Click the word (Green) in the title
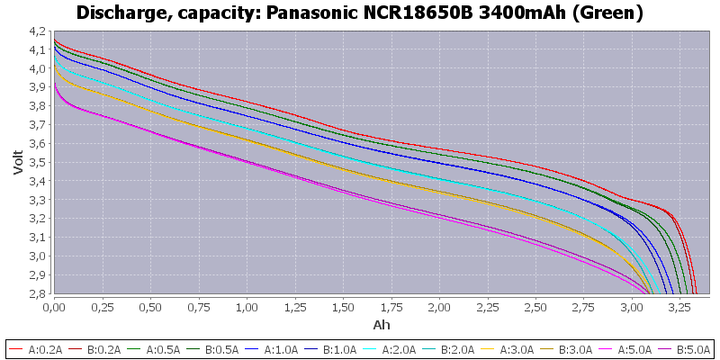click(x=613, y=13)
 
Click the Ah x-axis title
click(x=381, y=324)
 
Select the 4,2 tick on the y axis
click(x=37, y=31)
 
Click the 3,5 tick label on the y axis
click(x=37, y=162)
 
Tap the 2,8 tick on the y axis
click(x=37, y=293)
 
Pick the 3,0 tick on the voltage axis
click(x=37, y=256)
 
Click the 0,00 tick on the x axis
click(x=54, y=307)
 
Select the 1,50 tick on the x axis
click(x=343, y=307)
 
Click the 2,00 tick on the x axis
click(x=439, y=307)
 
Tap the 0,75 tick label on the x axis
click(x=198, y=307)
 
